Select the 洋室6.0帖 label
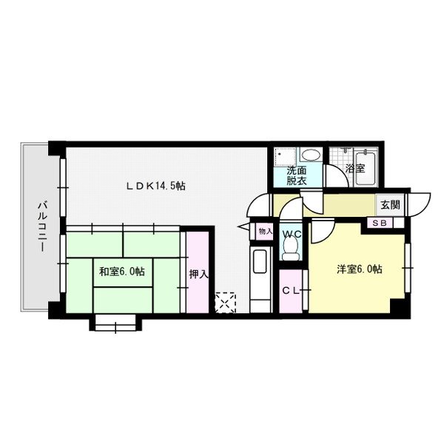[359, 269]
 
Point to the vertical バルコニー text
[41, 226]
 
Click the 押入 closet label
[197, 273]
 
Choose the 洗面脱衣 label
[297, 175]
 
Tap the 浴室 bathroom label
[355, 169]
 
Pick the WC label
[292, 235]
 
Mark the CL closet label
[289, 291]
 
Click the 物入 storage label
[264, 232]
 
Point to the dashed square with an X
[225, 303]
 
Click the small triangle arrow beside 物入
[242, 226]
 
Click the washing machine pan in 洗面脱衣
[284, 157]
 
